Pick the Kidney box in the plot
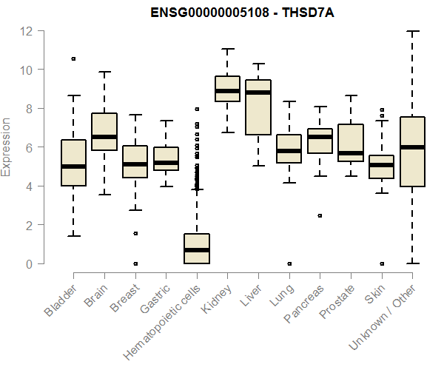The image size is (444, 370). [x=227, y=89]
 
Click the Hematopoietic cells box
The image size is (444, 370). [x=196, y=249]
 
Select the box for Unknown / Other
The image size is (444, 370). [x=412, y=152]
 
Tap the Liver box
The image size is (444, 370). [x=258, y=107]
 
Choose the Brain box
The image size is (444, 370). [x=104, y=132]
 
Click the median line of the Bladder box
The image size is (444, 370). [x=73, y=166]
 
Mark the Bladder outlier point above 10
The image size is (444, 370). [x=73, y=58]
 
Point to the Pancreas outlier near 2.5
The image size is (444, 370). [x=320, y=215]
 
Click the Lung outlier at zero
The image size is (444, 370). [x=289, y=263]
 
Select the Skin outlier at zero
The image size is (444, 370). [x=381, y=263]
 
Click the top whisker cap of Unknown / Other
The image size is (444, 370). [x=412, y=31]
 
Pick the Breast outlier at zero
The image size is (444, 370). [x=135, y=263]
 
